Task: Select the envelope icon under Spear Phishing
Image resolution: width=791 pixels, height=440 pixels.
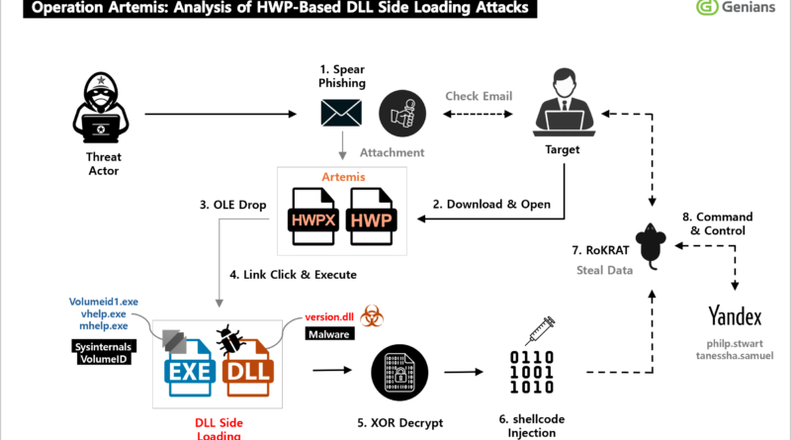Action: tap(339, 113)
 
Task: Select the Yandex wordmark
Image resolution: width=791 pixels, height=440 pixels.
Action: tap(734, 316)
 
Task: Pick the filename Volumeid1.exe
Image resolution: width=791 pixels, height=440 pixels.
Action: tap(104, 302)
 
